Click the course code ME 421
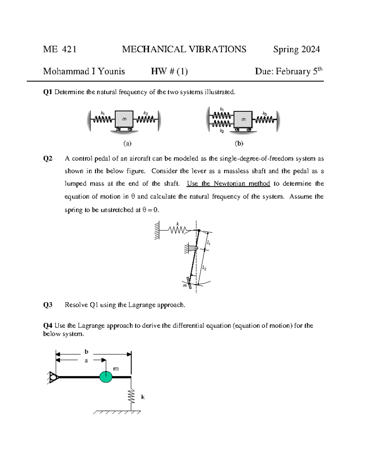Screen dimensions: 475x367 pos(60,49)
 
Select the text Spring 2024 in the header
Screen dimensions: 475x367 pos(296,49)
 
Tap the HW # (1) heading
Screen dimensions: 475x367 pos(169,71)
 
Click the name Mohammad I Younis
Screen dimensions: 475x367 pos(84,71)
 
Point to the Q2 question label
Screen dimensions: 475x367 pos(48,158)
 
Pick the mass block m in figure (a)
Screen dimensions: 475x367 pos(124,119)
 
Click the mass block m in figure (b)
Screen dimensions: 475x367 pos(243,120)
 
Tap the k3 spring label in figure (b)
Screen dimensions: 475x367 pos(265,114)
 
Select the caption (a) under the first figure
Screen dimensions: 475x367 pos(127,143)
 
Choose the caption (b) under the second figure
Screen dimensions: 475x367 pos(239,143)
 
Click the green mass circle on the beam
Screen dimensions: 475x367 pos(106,377)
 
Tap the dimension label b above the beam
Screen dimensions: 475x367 pos(86,352)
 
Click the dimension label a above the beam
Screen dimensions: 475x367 pos(86,361)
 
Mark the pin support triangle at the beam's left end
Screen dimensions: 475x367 pos(54,377)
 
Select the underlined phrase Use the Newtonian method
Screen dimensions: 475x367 pos(228,184)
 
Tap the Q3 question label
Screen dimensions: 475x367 pos(48,305)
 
